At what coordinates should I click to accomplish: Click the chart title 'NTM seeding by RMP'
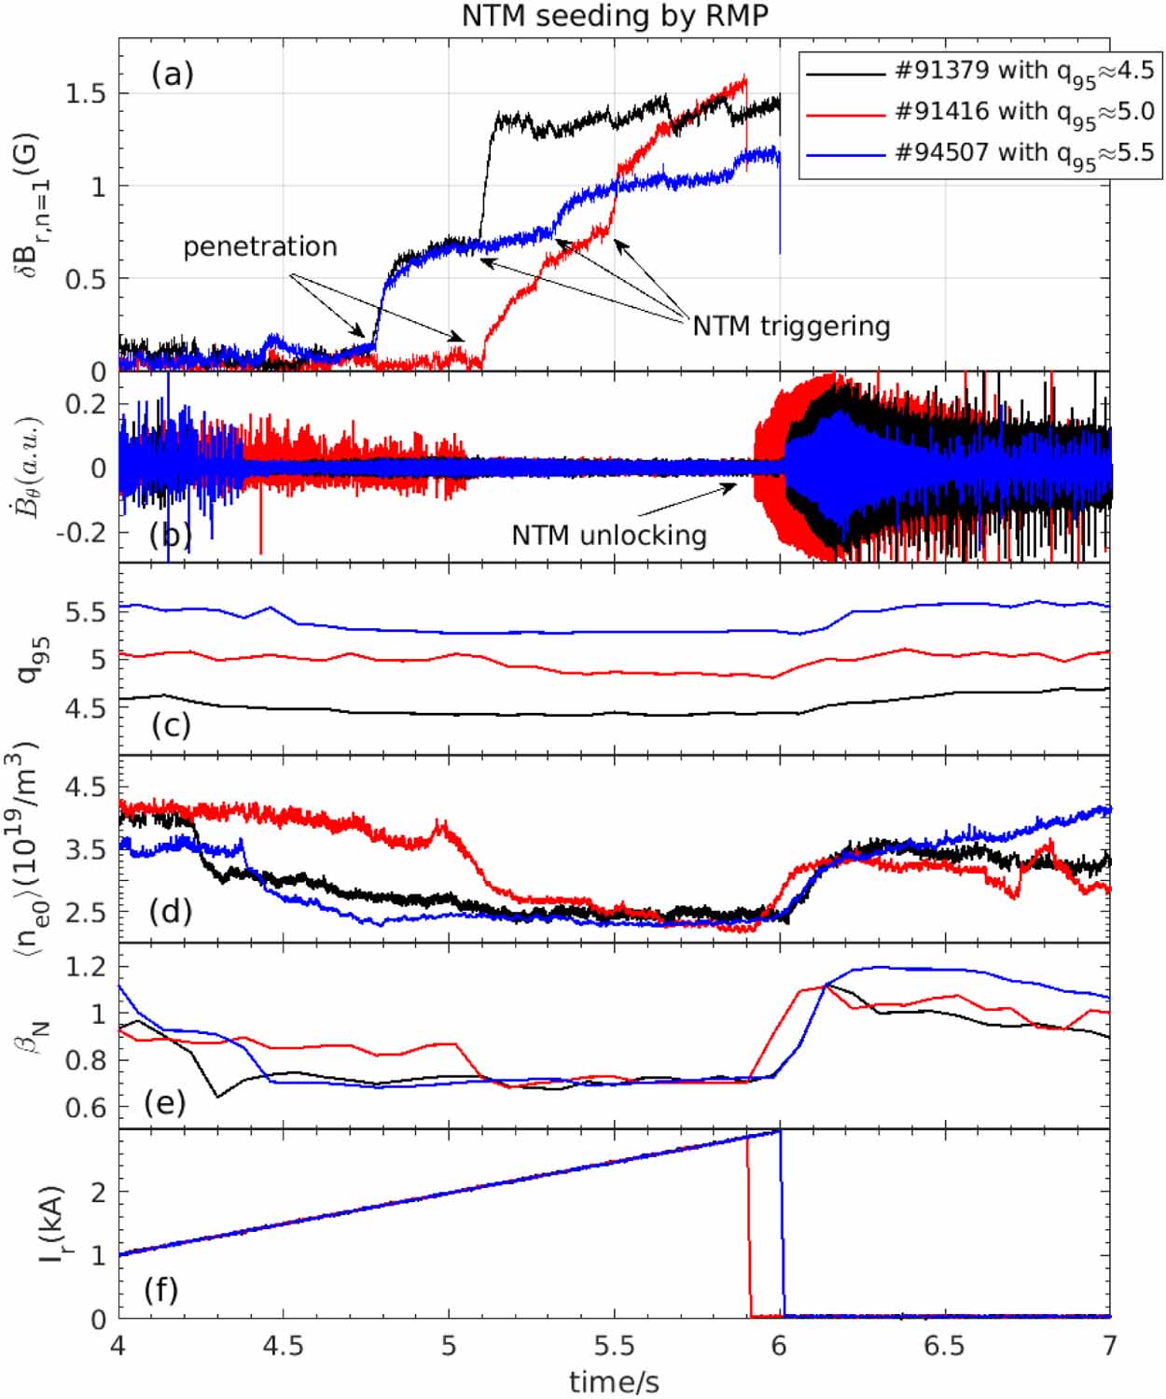(615, 16)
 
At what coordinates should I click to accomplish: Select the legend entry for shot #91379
(980, 73)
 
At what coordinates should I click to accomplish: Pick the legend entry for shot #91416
(980, 114)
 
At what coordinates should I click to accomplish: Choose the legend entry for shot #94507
(980, 155)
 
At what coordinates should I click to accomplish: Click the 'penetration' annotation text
(260, 247)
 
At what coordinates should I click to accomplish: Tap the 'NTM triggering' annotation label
(791, 327)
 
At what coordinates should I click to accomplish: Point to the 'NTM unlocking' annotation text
(609, 536)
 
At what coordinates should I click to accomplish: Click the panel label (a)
(173, 75)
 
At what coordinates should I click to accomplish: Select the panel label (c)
(171, 725)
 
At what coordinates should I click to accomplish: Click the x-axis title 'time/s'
(614, 1381)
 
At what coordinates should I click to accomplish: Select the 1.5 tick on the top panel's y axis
(86, 94)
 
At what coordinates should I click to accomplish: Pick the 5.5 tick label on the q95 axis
(86, 612)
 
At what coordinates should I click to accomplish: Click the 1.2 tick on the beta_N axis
(86, 967)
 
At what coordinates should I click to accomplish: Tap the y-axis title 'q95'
(30, 660)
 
